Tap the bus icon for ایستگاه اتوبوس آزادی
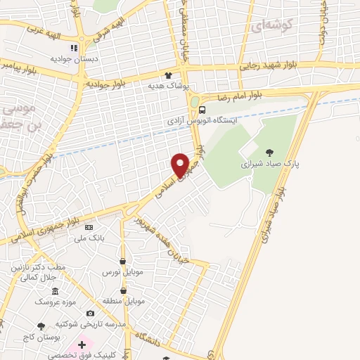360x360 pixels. click(x=202, y=109)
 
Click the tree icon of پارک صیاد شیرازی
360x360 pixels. click(x=270, y=152)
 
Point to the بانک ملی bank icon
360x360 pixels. click(x=88, y=228)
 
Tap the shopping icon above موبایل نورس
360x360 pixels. click(x=123, y=261)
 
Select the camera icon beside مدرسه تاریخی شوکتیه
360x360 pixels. click(x=89, y=313)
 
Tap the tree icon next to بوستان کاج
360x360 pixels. click(x=41, y=326)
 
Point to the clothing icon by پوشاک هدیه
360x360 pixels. click(x=168, y=75)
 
